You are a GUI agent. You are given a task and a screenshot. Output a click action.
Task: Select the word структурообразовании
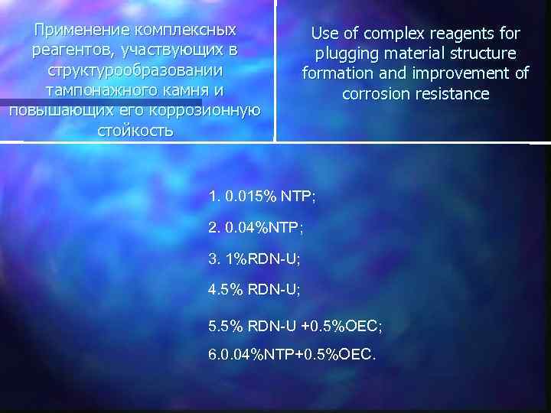[135, 70]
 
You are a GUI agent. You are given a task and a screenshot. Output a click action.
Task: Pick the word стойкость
[135, 130]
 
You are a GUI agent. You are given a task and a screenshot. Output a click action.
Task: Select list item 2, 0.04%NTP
[256, 227]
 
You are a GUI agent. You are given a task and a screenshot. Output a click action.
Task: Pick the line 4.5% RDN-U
[254, 291]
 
